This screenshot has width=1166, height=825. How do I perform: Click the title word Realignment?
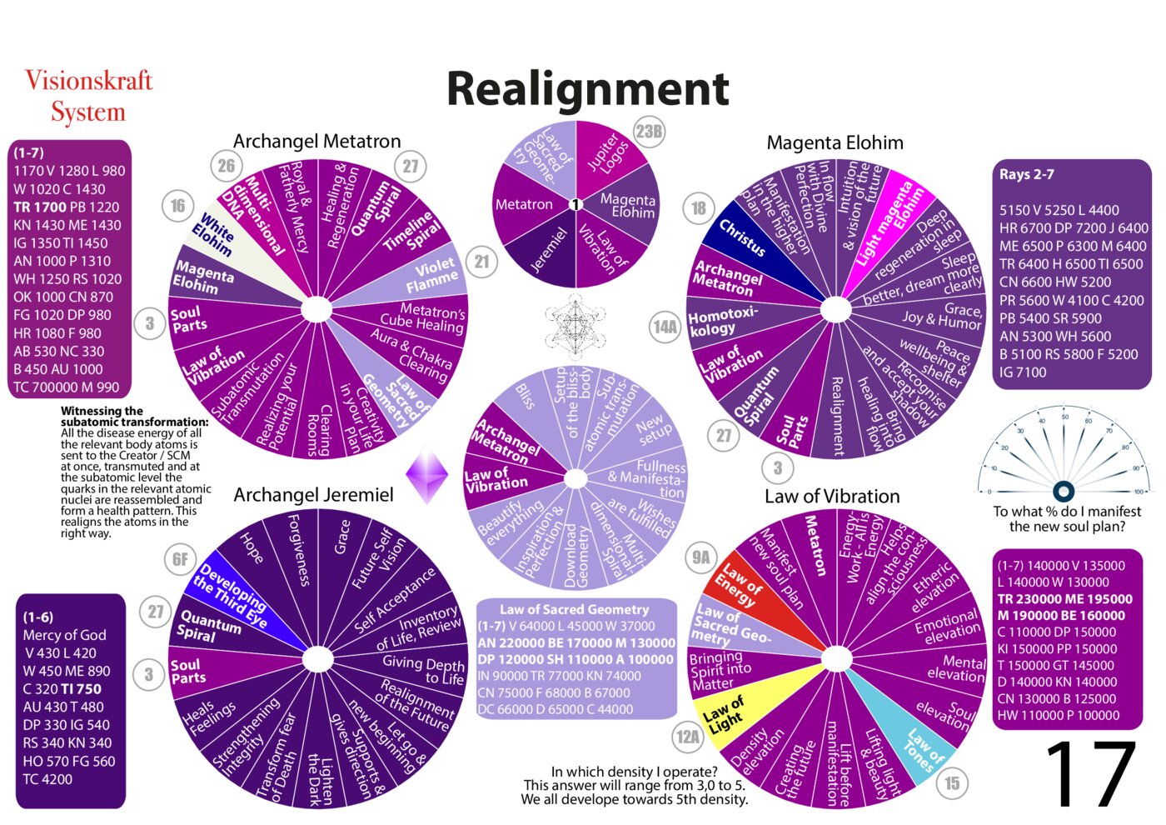click(587, 88)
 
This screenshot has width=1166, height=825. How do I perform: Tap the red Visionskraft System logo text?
click(88, 96)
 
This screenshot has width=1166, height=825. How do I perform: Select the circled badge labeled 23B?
click(649, 132)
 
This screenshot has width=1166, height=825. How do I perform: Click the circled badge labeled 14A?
click(665, 327)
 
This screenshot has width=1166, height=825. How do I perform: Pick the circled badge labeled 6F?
click(180, 559)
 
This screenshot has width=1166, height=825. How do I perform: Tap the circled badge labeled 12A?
click(688, 737)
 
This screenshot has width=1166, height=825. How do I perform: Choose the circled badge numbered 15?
click(952, 782)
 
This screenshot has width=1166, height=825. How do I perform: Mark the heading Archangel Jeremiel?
click(313, 495)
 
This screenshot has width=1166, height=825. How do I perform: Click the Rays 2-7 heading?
click(1026, 174)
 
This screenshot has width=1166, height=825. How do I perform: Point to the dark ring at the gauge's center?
click(1063, 491)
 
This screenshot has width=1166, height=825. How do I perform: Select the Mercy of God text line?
click(64, 635)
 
